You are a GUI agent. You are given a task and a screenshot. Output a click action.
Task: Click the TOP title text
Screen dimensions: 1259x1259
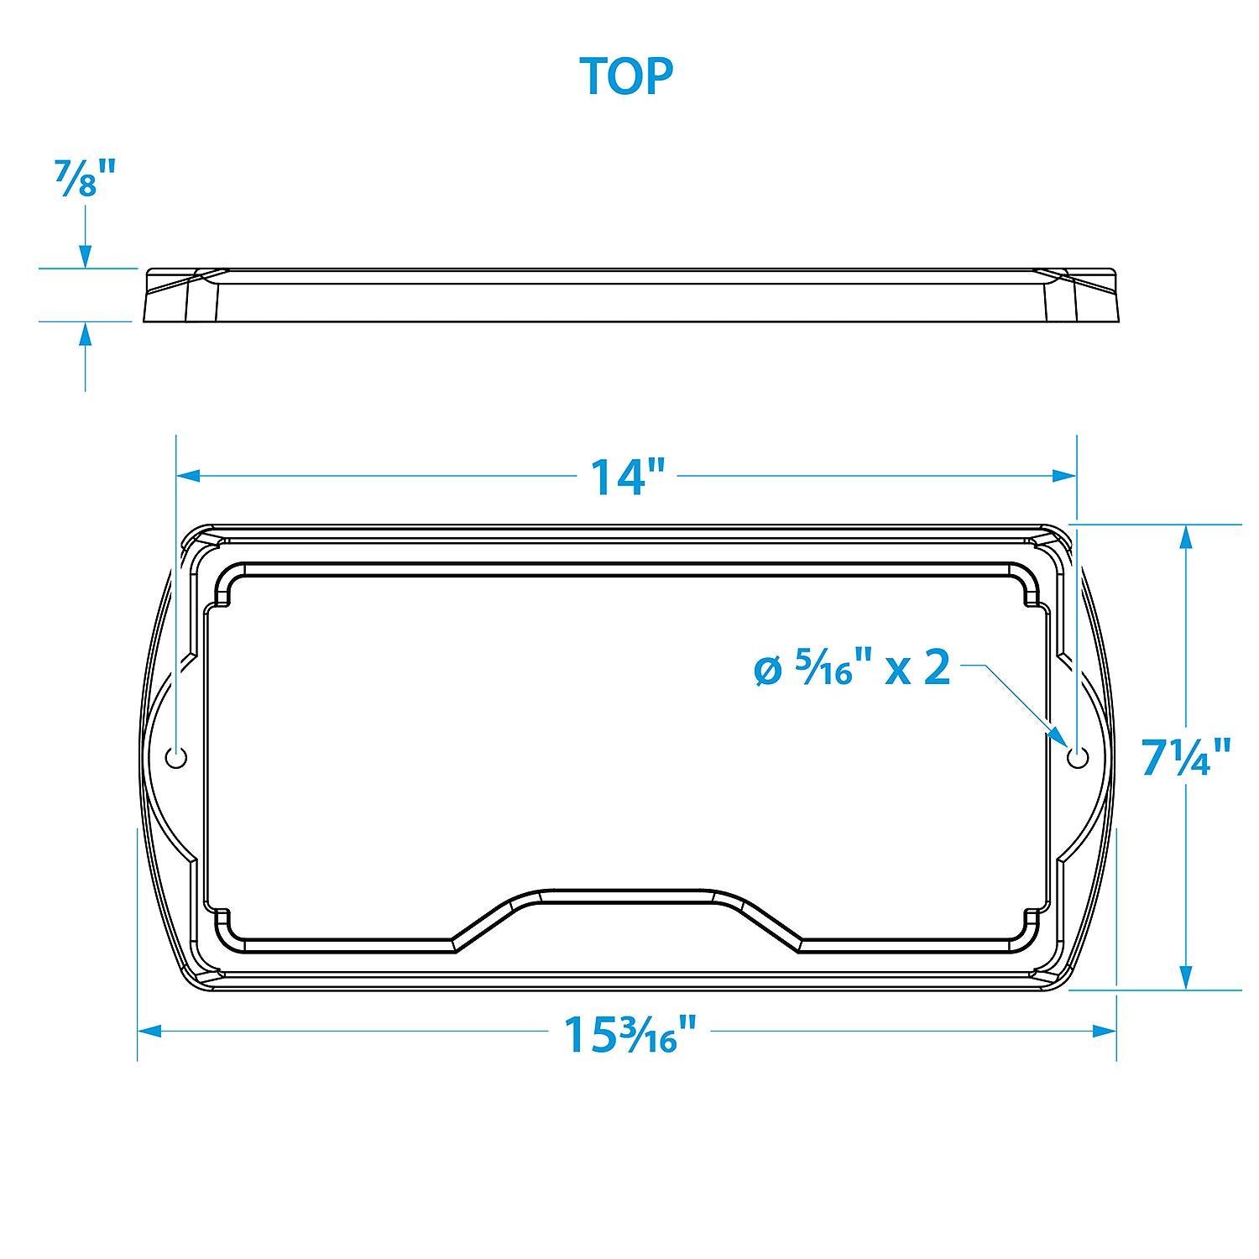coord(626,76)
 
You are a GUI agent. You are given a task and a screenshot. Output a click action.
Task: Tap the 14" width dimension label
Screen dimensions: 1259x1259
coord(628,476)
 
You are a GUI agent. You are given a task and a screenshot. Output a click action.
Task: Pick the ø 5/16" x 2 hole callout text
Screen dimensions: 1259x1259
coord(852,669)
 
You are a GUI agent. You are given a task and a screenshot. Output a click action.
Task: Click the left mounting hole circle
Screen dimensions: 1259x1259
coord(176,757)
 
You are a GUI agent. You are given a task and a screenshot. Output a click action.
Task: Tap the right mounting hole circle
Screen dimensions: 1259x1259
coord(1076,757)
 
